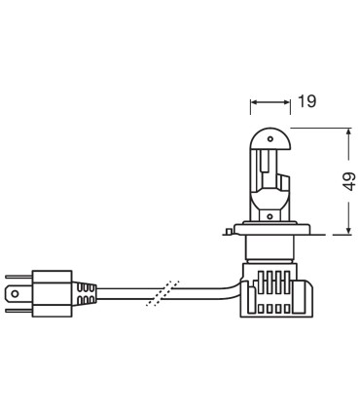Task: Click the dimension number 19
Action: pos(306,100)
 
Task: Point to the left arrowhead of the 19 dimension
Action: pos(254,100)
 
